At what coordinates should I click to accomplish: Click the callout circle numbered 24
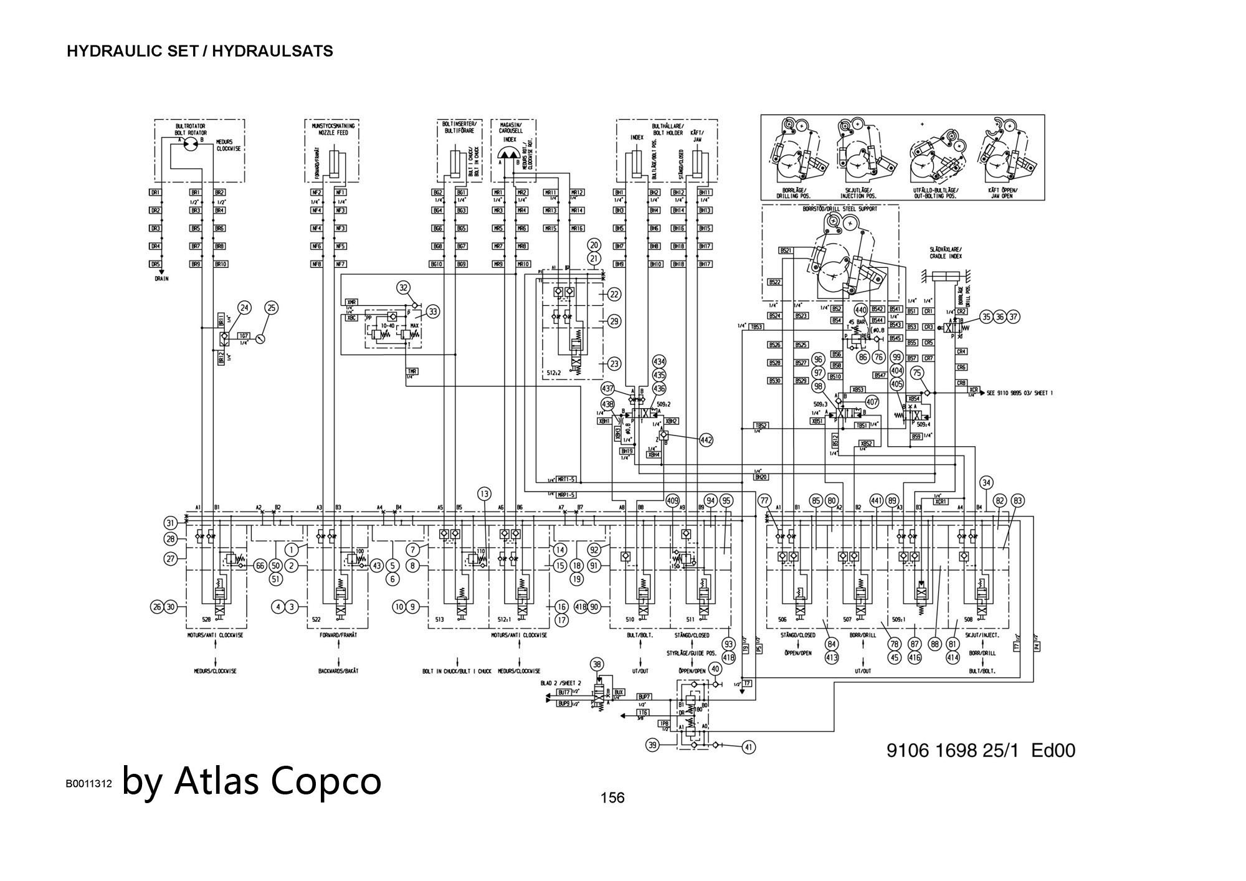pyautogui.click(x=245, y=307)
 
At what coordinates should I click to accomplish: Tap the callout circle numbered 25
pyautogui.click(x=272, y=307)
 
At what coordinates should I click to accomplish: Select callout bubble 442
pyautogui.click(x=706, y=440)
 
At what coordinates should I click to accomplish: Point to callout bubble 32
pyautogui.click(x=404, y=287)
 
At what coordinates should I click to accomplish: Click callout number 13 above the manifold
pyautogui.click(x=485, y=494)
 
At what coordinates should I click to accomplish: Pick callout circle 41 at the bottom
pyautogui.click(x=749, y=747)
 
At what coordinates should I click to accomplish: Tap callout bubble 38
pyautogui.click(x=597, y=664)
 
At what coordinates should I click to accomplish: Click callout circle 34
pyautogui.click(x=986, y=482)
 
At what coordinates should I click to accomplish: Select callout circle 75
pyautogui.click(x=917, y=373)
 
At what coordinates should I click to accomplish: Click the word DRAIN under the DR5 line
pyautogui.click(x=161, y=279)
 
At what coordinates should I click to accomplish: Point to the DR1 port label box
pyautogui.click(x=156, y=193)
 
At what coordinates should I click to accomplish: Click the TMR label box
pyautogui.click(x=412, y=371)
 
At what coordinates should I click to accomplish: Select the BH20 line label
pyautogui.click(x=760, y=477)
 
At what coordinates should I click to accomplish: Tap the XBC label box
pyautogui.click(x=352, y=318)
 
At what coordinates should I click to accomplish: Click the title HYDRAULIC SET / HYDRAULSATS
pyautogui.click(x=199, y=51)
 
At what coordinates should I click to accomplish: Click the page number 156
pyautogui.click(x=612, y=798)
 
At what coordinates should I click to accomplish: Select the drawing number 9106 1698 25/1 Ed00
pyautogui.click(x=981, y=750)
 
